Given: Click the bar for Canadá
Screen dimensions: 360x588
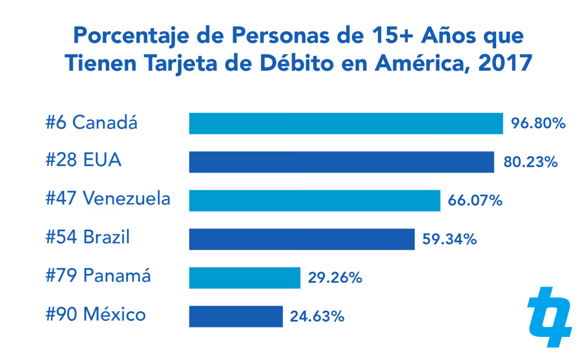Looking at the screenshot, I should pos(346,123).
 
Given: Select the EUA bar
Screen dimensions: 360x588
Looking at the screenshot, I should pos(341,162).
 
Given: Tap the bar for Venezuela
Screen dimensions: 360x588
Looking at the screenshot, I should pos(315,200).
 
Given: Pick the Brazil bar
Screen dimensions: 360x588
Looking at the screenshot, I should pos(301,239).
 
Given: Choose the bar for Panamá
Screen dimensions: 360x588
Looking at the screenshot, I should pos(245,278).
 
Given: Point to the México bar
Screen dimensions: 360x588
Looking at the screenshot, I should pos(235,316).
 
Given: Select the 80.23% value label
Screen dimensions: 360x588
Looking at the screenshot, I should pos(531,162).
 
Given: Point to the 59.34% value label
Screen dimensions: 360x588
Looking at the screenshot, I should pos(450,239).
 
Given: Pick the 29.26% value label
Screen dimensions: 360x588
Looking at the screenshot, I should pos(335,278).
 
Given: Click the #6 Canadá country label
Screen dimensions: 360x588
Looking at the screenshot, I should pos(92,123).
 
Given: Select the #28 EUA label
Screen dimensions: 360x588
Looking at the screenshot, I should pos(84,161).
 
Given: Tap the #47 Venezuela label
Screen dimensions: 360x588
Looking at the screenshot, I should pos(108,199).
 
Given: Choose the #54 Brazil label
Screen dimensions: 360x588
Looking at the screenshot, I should pos(88,237).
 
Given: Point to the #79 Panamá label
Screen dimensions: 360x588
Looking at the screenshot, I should pos(98,276).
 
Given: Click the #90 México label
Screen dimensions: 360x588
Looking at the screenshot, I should pos(96,315).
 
